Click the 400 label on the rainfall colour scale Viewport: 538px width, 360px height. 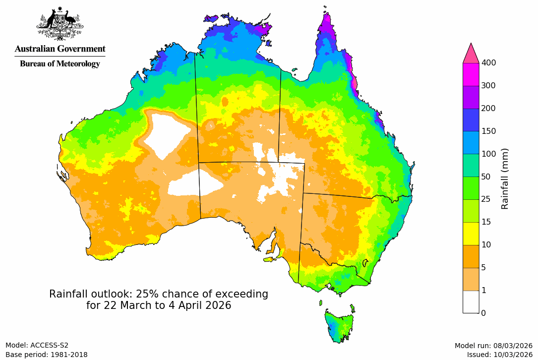(489, 62)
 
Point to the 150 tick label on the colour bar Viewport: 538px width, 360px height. (489, 131)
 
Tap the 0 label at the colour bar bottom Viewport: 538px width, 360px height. (483, 313)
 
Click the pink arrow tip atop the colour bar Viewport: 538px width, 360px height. (471, 53)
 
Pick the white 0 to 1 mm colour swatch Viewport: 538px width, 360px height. (471, 301)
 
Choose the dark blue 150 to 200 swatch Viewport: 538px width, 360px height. (471, 120)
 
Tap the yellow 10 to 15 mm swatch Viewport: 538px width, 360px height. (471, 233)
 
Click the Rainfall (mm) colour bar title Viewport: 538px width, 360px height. (505, 179)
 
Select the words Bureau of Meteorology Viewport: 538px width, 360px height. (60, 63)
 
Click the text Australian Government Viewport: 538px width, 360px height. (60, 49)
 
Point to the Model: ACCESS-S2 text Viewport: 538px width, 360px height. (37, 345)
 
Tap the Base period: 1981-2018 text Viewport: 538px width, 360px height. (47, 355)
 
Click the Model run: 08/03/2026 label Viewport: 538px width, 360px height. (493, 345)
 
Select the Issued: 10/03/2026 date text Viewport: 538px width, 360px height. (499, 355)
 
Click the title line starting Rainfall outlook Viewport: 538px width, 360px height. (159, 294)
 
